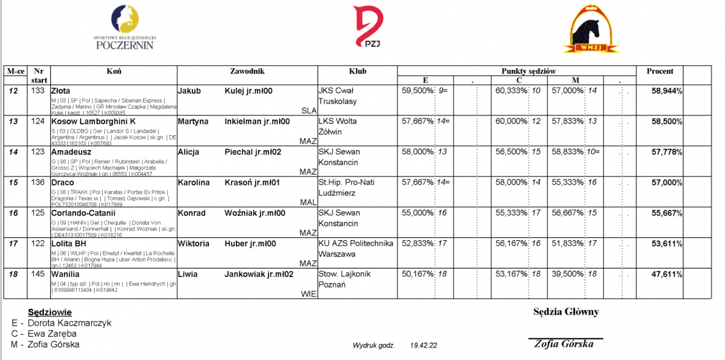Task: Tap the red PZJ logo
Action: [x=368, y=26]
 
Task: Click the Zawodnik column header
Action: [x=247, y=71]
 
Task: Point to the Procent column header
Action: [x=660, y=71]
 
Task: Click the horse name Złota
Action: [x=61, y=91]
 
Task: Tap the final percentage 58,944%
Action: [x=667, y=91]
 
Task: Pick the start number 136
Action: [x=38, y=182]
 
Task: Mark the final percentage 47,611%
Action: [x=667, y=274]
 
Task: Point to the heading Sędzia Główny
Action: [x=565, y=312]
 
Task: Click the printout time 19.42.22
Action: [x=424, y=346]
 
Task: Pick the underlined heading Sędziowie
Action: [x=50, y=312]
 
